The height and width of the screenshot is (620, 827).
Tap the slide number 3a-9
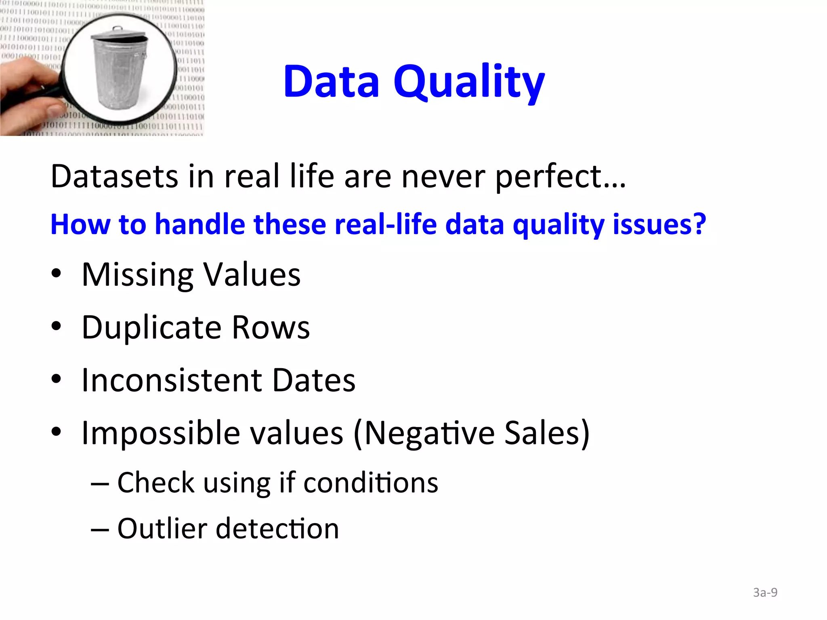point(765,593)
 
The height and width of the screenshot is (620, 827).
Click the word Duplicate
point(151,328)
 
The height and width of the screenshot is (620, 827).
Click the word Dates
point(314,380)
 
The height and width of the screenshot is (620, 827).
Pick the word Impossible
point(161,433)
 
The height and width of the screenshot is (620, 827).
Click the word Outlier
point(162,528)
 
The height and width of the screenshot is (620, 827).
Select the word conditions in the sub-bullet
point(370,483)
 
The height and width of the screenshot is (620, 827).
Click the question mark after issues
point(699,224)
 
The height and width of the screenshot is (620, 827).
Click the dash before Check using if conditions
point(100,484)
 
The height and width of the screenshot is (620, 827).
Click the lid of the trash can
point(119,35)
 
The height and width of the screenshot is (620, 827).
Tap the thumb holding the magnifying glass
point(57,109)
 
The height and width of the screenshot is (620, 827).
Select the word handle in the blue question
point(200,224)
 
